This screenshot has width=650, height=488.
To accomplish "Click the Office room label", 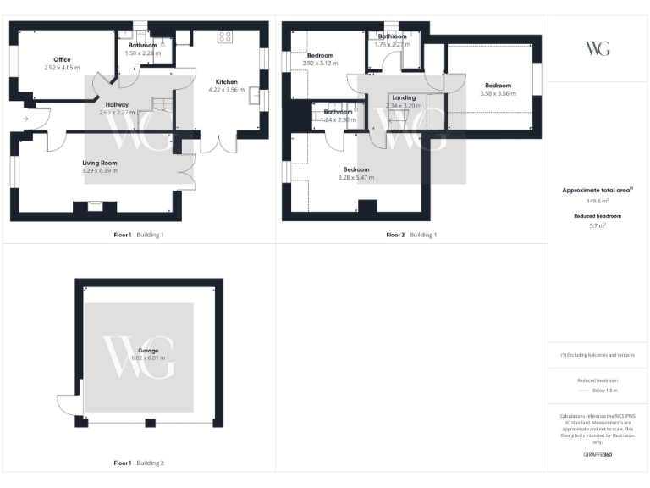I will tap(62, 59).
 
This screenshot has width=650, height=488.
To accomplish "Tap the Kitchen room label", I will tap(226, 82).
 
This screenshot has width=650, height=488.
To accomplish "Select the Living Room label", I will tap(99, 163).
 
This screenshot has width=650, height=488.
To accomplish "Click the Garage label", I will tap(149, 350).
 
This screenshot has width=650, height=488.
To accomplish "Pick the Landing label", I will tap(404, 97).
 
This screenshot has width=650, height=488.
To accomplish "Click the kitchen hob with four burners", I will tap(225, 36).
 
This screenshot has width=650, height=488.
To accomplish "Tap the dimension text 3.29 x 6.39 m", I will tap(99, 171).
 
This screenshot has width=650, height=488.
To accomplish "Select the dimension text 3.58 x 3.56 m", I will tap(498, 93).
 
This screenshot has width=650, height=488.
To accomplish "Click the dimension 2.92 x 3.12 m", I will tap(320, 64).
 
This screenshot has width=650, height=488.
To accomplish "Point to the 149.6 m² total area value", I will tap(598, 201).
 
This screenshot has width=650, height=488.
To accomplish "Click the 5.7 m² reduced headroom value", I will tap(597, 225).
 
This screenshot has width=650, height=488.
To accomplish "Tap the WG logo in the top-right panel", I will tap(598, 47).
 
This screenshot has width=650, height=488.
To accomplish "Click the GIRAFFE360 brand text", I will tap(598, 455).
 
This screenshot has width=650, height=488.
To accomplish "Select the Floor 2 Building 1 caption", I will tap(411, 235).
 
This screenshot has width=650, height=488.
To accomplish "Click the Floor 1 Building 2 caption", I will tap(139, 463).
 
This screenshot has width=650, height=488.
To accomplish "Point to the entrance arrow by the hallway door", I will tap(25, 119).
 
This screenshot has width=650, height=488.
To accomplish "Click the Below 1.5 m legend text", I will tap(605, 391).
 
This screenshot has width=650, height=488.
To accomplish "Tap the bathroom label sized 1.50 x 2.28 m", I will tap(142, 45).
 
